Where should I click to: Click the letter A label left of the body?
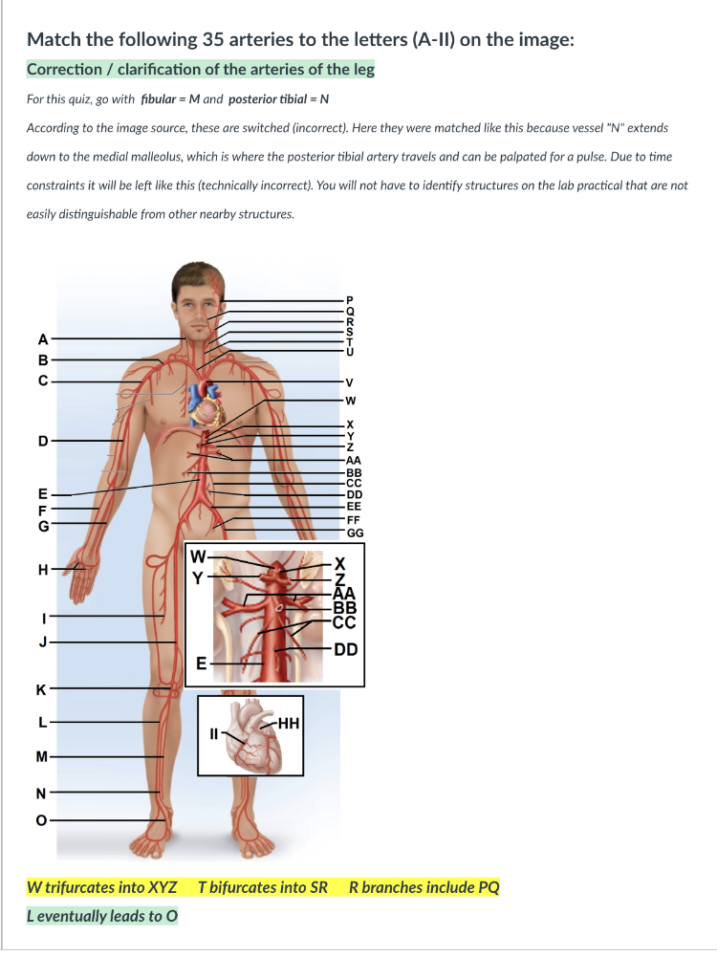click(x=41, y=337)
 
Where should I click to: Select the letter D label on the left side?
click(x=41, y=441)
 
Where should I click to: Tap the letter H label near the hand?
click(x=41, y=570)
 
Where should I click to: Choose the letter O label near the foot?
click(x=41, y=818)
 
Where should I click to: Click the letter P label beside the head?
click(x=350, y=299)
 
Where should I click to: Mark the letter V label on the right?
click(x=350, y=382)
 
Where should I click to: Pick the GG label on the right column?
click(x=355, y=533)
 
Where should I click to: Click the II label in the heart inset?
click(x=215, y=734)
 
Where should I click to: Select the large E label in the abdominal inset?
click(x=201, y=663)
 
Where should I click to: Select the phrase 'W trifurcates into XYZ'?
click(x=101, y=886)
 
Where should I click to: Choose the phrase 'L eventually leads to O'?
click(x=101, y=916)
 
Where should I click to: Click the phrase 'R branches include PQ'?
click(x=424, y=886)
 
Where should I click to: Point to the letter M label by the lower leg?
click(x=41, y=758)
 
